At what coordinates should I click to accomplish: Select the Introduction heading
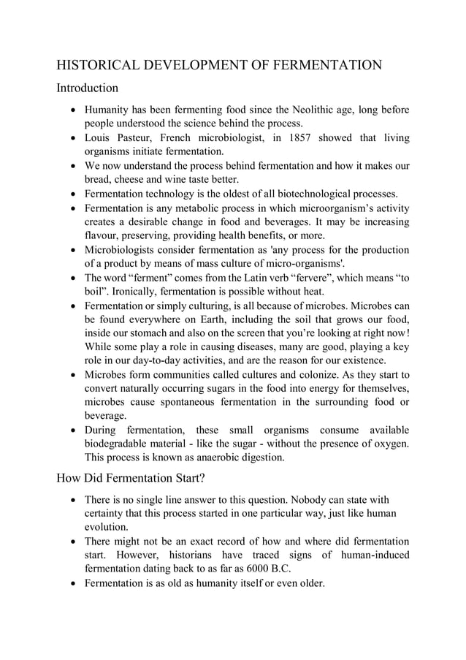87,88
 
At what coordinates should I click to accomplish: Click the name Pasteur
134,138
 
